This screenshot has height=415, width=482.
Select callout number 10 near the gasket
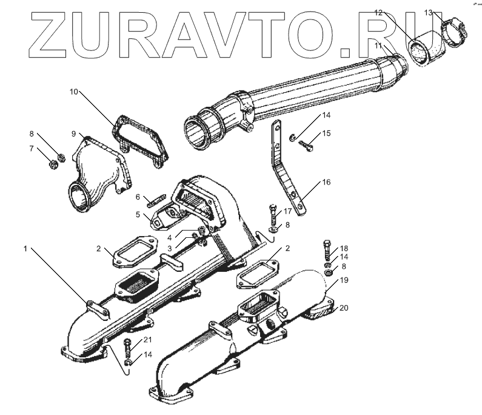[73, 92]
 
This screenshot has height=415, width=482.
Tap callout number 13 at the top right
[428, 12]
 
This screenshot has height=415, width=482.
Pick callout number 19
[343, 280]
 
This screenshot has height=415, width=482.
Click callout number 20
[344, 308]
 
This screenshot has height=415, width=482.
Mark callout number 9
[73, 133]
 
